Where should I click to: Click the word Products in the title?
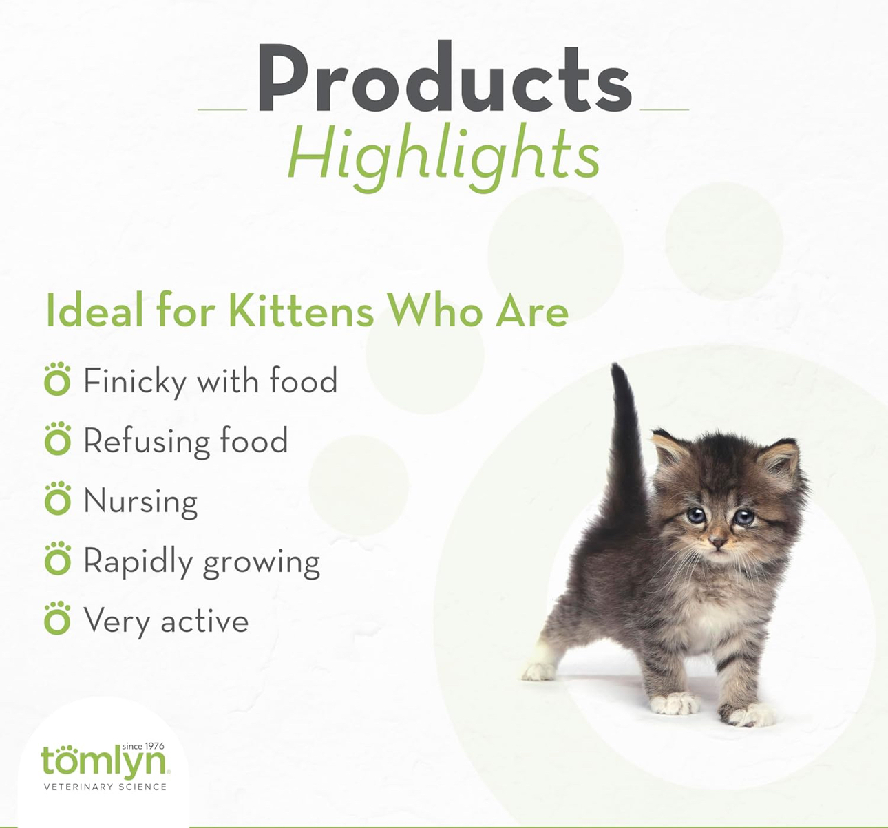(444, 77)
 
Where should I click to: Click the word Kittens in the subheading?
(302, 310)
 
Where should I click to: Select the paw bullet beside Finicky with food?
(58, 379)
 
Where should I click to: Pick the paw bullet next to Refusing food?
(58, 438)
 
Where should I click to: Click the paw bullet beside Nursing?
(58, 498)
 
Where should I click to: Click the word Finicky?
(135, 382)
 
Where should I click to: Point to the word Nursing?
(141, 502)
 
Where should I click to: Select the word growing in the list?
(262, 564)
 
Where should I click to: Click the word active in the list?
(204, 621)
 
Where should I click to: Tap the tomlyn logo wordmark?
(103, 761)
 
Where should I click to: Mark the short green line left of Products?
(222, 109)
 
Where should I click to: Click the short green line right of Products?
(664, 109)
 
